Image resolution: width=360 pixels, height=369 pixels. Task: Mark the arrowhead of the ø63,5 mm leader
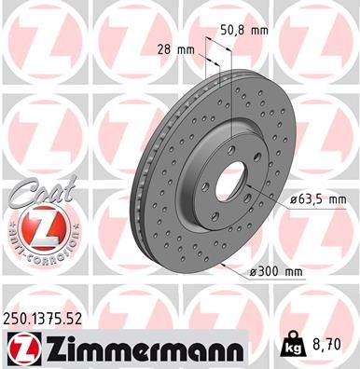[253, 189]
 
